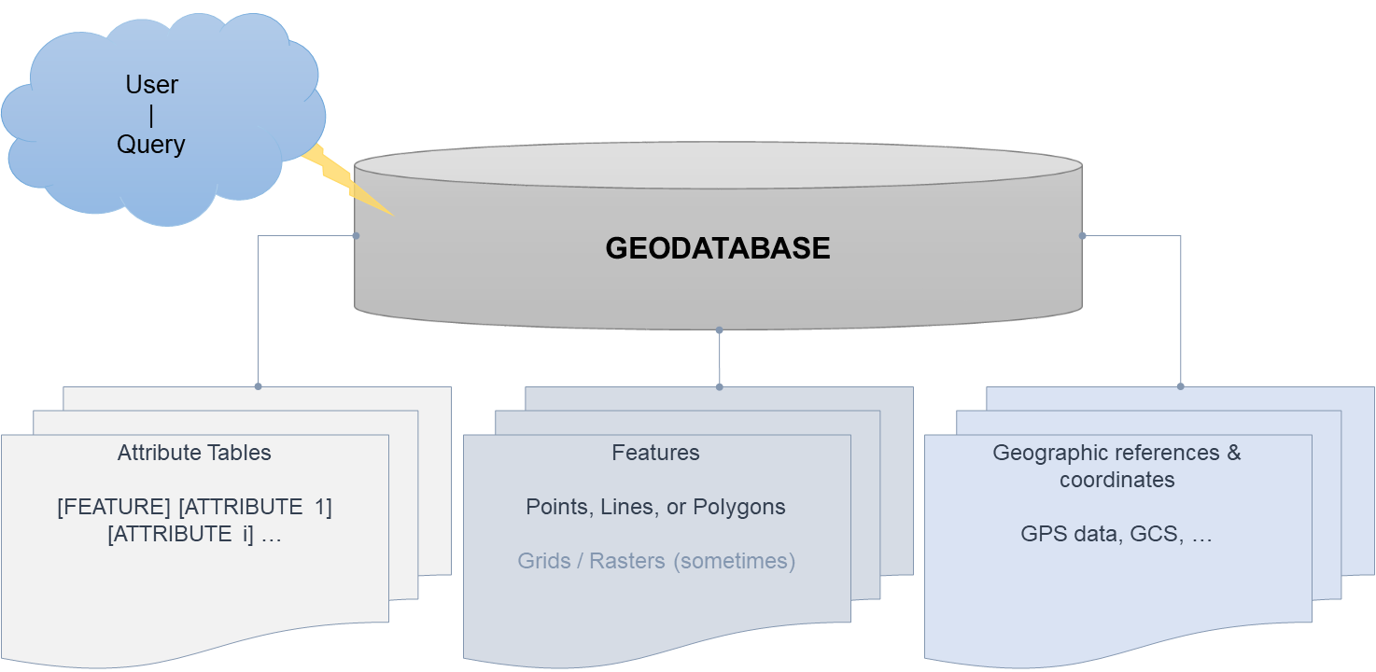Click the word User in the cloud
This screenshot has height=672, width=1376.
(151, 85)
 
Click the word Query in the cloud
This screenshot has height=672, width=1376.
(151, 145)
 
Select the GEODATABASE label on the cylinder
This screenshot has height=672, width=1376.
(718, 248)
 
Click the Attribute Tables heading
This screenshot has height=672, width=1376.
(194, 454)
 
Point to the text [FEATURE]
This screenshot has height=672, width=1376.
(114, 508)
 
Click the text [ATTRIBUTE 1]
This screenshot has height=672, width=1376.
(255, 508)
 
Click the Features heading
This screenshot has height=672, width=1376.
(655, 454)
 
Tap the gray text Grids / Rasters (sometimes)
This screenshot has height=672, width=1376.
(656, 562)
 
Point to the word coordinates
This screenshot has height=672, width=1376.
(1116, 480)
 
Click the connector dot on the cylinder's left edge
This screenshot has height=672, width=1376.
(356, 236)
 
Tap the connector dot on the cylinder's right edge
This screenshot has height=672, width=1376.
(1082, 236)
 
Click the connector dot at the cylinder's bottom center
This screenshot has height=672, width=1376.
(719, 329)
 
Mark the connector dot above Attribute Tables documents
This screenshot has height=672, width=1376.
(258, 385)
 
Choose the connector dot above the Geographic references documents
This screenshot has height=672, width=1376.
(1181, 385)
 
